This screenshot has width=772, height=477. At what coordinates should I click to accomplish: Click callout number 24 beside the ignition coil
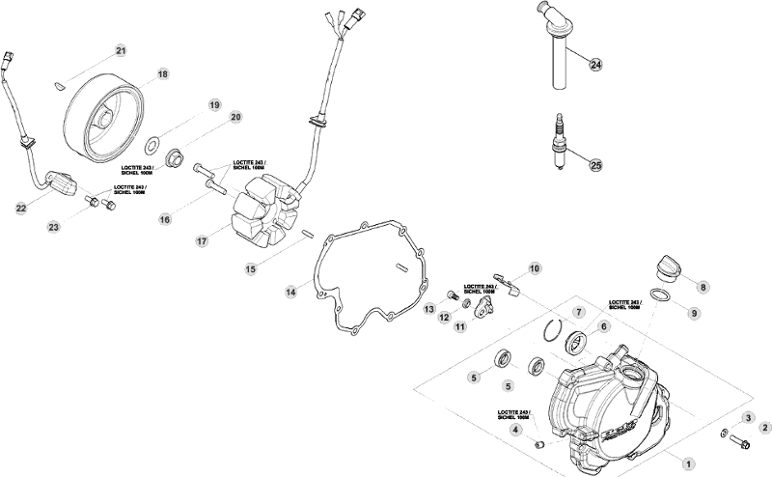tap(595, 65)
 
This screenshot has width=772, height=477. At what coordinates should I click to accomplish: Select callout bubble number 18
tap(162, 73)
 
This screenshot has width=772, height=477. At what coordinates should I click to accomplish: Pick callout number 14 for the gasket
tap(290, 290)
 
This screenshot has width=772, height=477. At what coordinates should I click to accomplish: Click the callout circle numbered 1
tap(689, 463)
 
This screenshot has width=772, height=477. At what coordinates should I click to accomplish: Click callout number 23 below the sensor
tap(54, 226)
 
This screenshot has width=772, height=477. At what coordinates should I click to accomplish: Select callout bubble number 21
tap(121, 50)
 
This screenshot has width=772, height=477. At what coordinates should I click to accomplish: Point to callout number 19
tap(215, 104)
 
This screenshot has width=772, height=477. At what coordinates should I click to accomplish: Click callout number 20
tap(234, 117)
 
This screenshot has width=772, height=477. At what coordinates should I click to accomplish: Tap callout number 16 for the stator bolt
tap(165, 219)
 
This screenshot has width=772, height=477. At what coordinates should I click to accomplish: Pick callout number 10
tap(535, 267)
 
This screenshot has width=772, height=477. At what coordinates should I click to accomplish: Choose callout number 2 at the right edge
tap(764, 427)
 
